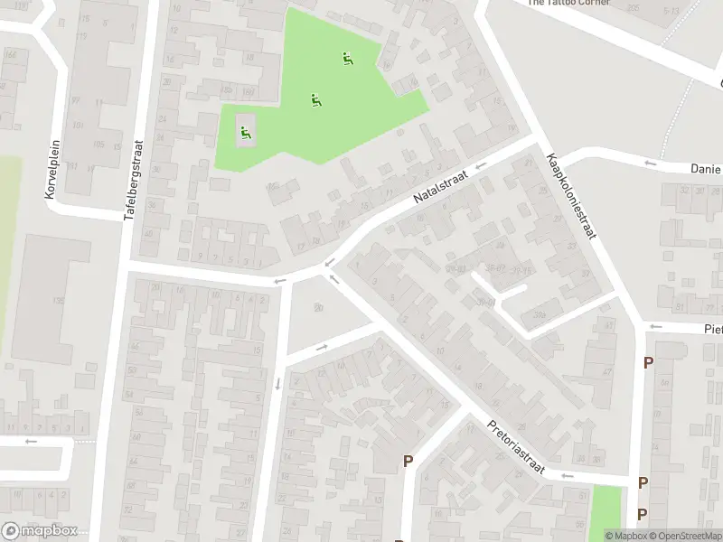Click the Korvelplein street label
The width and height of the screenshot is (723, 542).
[51, 169]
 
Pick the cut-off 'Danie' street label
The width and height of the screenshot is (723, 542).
[705, 169]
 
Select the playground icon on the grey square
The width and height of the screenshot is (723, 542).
[245, 134]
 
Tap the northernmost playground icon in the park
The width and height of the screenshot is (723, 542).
[347, 60]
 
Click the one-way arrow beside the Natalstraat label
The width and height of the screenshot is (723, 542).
[481, 165]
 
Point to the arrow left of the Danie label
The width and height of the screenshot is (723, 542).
[651, 164]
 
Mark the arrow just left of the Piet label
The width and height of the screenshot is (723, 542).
[655, 327]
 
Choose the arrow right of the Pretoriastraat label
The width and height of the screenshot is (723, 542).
[567, 475]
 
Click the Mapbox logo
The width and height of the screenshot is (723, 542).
[39, 531]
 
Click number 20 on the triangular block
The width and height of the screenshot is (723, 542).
[318, 308]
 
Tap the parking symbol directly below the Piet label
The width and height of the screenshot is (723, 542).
[648, 363]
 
